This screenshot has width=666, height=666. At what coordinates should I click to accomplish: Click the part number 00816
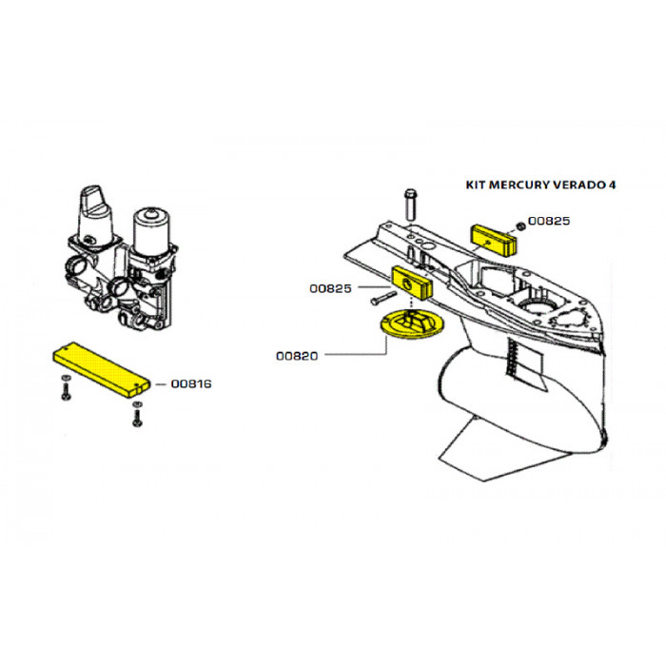pyautogui.click(x=191, y=384)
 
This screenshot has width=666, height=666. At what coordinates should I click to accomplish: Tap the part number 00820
pyautogui.click(x=297, y=356)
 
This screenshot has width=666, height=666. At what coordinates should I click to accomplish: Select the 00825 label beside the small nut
pyautogui.click(x=549, y=221)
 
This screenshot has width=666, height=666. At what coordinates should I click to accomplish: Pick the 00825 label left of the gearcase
pyautogui.click(x=330, y=289)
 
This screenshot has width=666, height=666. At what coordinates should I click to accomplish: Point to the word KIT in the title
pyautogui.click(x=476, y=186)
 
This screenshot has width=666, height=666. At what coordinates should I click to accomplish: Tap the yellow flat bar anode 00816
pyautogui.click(x=102, y=369)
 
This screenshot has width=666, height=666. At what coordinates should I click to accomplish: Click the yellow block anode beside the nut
pyautogui.click(x=494, y=242)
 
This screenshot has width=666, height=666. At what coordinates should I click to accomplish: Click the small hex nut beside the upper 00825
pyautogui.click(x=521, y=226)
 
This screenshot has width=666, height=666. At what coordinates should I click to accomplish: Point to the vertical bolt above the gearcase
pyautogui.click(x=410, y=205)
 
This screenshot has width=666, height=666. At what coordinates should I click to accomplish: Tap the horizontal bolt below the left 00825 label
pyautogui.click(x=383, y=297)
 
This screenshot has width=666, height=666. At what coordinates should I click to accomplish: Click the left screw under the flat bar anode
pyautogui.click(x=66, y=388)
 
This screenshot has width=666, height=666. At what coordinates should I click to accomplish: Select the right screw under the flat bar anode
pyautogui.click(x=137, y=414)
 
